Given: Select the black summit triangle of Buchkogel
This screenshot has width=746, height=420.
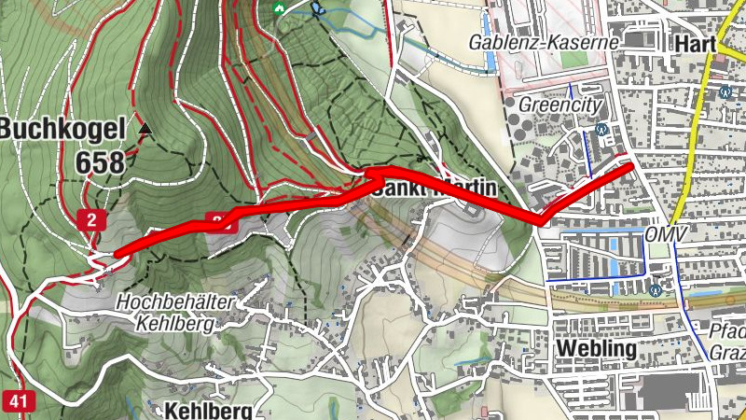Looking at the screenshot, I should (145, 126).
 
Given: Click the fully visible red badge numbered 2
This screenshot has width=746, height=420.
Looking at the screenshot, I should (91, 220).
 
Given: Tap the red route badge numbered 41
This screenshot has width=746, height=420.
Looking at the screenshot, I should (17, 401).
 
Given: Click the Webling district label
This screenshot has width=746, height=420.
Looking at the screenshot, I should (596, 348).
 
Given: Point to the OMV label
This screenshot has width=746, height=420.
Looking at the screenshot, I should (665, 233).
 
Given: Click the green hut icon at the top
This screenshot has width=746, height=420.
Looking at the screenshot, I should (278, 8).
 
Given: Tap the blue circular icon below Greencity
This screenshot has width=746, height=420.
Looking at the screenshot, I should (601, 129).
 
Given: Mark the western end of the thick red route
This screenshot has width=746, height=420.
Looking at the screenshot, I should (118, 251).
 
